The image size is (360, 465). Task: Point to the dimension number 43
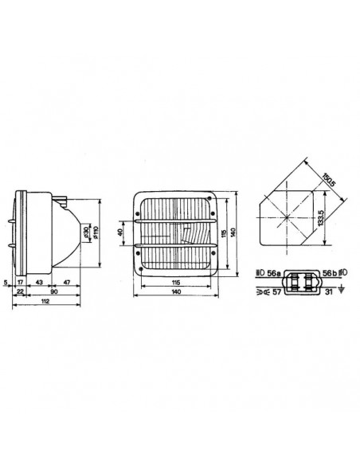[39, 283]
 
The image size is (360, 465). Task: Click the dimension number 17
[21, 283]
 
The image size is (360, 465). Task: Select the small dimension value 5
[6, 283]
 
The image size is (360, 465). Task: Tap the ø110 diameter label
[95, 232]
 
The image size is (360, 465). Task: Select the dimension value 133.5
[319, 217]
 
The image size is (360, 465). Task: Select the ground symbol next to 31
[340, 292]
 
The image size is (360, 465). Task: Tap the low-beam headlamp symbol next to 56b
[340, 272]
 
